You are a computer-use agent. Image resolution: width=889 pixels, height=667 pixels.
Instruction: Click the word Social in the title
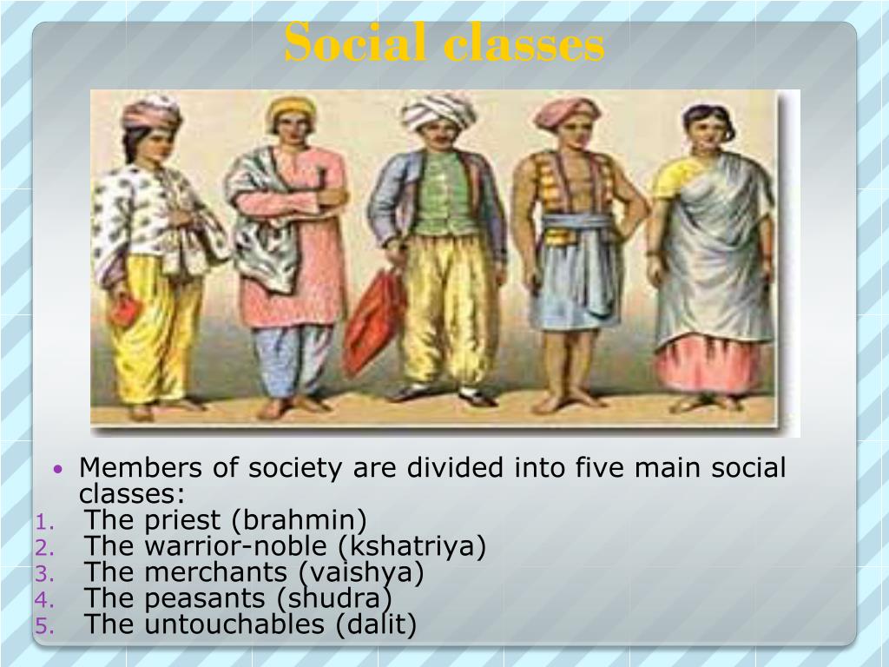pyautogui.click(x=357, y=43)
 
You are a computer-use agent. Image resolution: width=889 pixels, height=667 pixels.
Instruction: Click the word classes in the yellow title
pyautogui.click(x=524, y=43)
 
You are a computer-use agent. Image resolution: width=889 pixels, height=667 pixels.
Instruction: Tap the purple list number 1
pyautogui.click(x=45, y=522)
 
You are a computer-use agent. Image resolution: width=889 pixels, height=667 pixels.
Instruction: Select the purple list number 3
pyautogui.click(x=45, y=574)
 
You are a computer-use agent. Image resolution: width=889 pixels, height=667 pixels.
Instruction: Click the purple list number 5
pyautogui.click(x=45, y=625)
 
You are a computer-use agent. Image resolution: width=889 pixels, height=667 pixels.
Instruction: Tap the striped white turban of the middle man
pyautogui.click(x=438, y=110)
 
